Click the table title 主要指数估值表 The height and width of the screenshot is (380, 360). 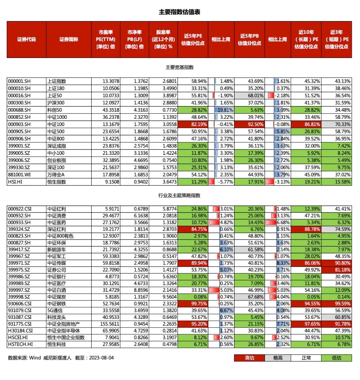point(179,12)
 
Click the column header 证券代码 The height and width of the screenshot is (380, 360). point(26,39)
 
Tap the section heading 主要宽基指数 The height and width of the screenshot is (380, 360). point(179,67)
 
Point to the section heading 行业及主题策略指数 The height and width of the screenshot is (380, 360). point(179,196)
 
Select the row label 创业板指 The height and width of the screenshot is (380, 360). point(57,160)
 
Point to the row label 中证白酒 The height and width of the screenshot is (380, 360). point(57,290)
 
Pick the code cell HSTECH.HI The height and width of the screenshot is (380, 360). point(20,344)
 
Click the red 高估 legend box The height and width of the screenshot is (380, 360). point(249,358)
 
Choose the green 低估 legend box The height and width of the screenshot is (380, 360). point(337,358)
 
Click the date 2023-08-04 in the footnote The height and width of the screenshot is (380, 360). point(100,358)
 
